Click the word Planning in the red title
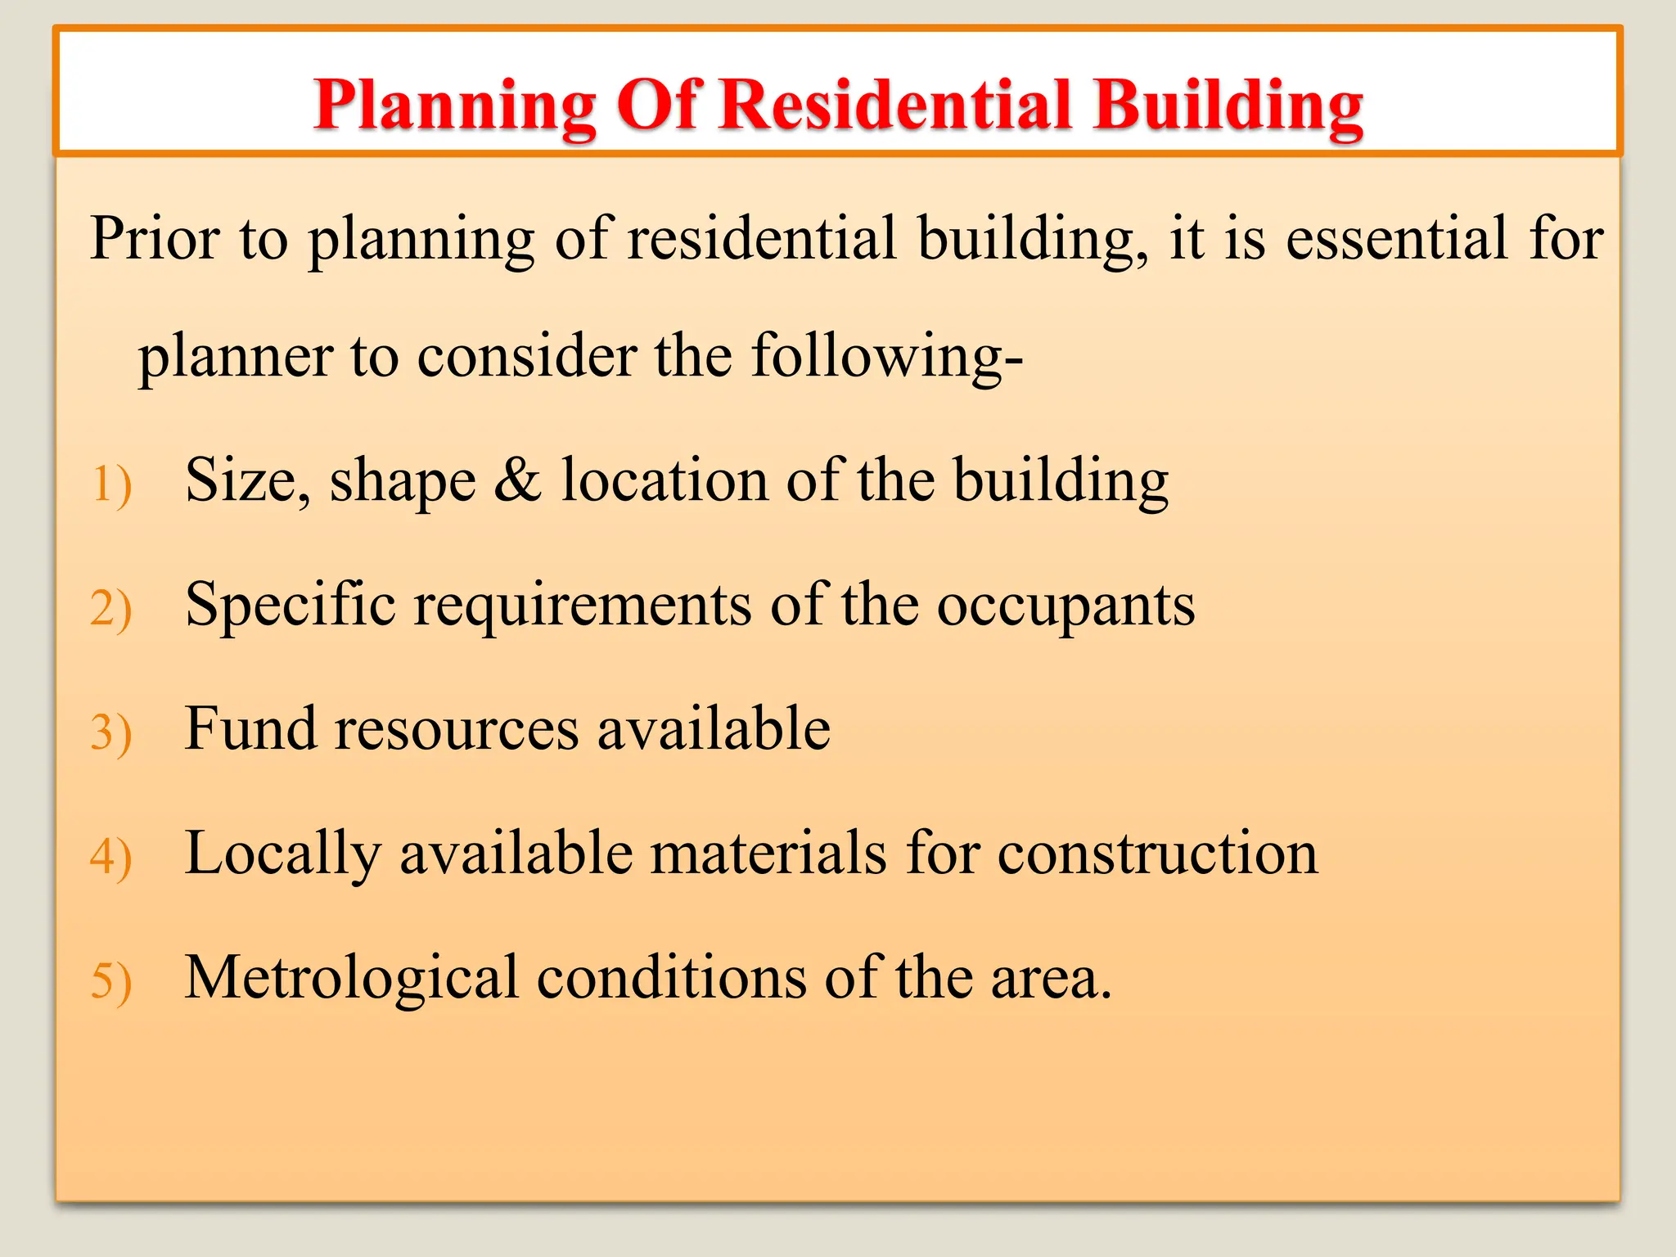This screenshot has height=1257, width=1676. click(455, 106)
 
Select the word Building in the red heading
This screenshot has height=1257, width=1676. click(1228, 106)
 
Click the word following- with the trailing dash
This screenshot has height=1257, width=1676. click(887, 357)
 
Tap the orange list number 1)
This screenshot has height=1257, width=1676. click(111, 484)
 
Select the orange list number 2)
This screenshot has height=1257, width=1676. click(111, 609)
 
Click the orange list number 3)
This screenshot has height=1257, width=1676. click(111, 732)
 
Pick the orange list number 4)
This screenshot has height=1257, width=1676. click(111, 857)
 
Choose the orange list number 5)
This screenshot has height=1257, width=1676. click(111, 981)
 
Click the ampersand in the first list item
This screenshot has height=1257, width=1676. click(517, 480)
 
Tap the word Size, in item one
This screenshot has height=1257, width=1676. click(248, 480)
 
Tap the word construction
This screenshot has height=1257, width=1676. click(1157, 853)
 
